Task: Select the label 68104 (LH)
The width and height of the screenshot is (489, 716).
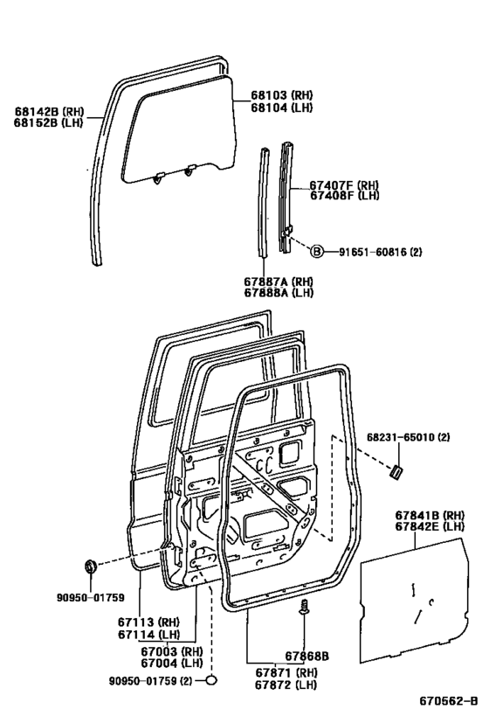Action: pos(282,108)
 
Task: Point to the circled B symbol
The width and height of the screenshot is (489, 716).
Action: pos(317,252)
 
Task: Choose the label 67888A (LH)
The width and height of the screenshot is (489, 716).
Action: pos(278,295)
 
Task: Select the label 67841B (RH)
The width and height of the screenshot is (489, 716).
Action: pos(429,517)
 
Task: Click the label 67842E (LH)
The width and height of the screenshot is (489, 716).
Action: pos(429,528)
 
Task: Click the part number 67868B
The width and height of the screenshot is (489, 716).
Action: pos(306,656)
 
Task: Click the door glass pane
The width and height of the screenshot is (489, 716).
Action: pos(179,127)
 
